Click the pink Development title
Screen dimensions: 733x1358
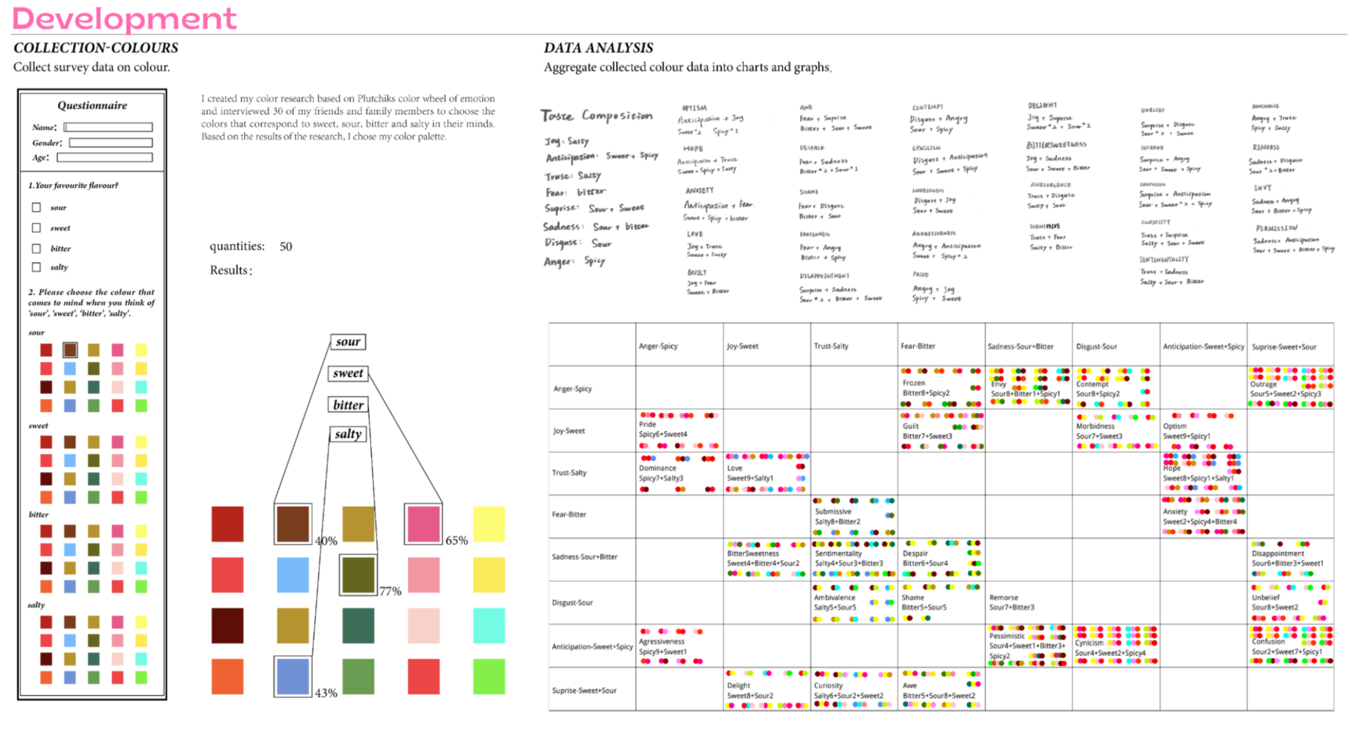point(124,18)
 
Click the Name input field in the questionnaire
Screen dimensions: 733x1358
point(108,127)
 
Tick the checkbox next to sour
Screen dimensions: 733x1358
point(36,208)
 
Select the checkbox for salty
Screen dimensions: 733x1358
point(36,267)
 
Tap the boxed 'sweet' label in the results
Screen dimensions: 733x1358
point(348,373)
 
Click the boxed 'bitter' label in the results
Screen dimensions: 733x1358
point(348,405)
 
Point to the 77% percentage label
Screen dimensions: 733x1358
point(390,592)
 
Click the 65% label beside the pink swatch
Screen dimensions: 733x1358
point(456,541)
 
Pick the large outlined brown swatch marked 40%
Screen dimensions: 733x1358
point(293,523)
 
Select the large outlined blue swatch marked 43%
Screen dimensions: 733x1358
point(293,676)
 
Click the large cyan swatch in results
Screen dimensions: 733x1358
point(489,625)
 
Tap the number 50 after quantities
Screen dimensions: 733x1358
point(285,246)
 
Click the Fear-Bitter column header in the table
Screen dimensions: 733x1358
point(918,346)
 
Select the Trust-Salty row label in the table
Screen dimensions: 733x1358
point(569,473)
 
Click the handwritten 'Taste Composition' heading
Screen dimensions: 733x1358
point(596,116)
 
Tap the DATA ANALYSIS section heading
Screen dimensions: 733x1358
point(598,48)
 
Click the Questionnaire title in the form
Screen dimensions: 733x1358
point(92,106)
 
